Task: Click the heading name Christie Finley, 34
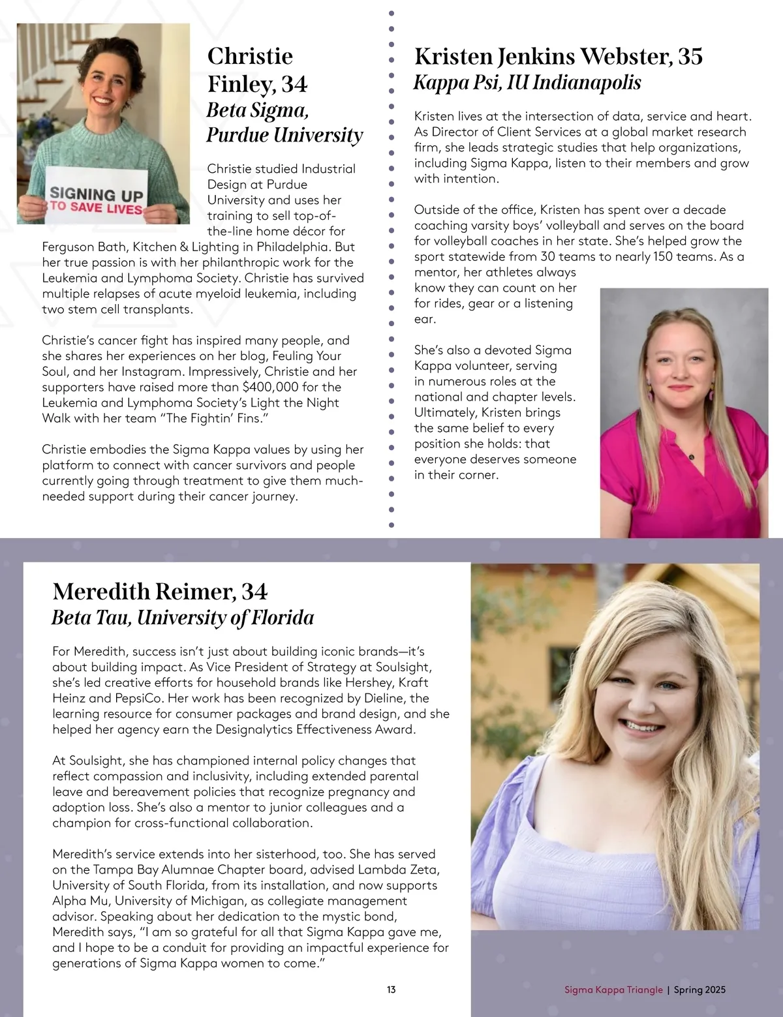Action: pos(257,70)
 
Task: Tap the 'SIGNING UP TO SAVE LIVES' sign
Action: pos(97,200)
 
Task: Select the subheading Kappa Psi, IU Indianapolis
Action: pos(527,83)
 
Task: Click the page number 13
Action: pos(391,990)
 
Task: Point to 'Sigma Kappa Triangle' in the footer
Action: pos(613,990)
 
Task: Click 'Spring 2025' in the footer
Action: pos(699,990)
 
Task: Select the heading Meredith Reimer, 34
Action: pos(160,591)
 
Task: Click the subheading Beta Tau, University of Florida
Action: pos(183,617)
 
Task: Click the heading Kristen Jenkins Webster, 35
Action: pos(559,56)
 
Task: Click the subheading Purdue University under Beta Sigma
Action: pos(284,135)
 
